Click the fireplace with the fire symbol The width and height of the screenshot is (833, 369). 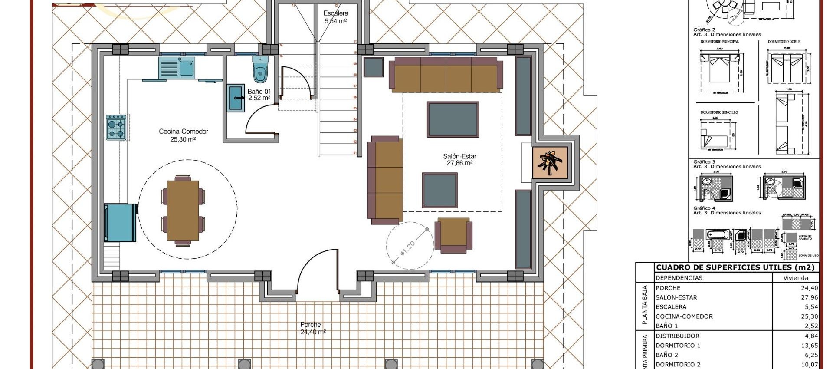pos(550,162)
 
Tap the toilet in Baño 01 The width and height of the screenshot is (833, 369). pos(260,71)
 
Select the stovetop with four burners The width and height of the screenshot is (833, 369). pos(116,128)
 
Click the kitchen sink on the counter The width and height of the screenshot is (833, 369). pos(177,68)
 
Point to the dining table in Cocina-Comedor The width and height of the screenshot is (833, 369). pos(183,210)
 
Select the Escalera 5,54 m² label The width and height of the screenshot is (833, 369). pos(336,17)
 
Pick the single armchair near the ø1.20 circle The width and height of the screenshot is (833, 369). pos(453,235)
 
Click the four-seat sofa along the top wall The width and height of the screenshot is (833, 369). pos(446,75)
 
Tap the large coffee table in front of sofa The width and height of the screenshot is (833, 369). pos(453,119)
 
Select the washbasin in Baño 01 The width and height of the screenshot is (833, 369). pos(236,98)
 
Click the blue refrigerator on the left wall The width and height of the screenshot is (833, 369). pos(120,223)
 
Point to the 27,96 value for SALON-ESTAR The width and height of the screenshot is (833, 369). pos(809,297)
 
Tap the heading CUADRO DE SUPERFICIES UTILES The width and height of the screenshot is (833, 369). pos(735,267)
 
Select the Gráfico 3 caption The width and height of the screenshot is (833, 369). pos(705,162)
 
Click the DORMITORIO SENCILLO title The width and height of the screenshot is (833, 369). pos(719,112)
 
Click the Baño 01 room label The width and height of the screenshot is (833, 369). pos(259,95)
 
